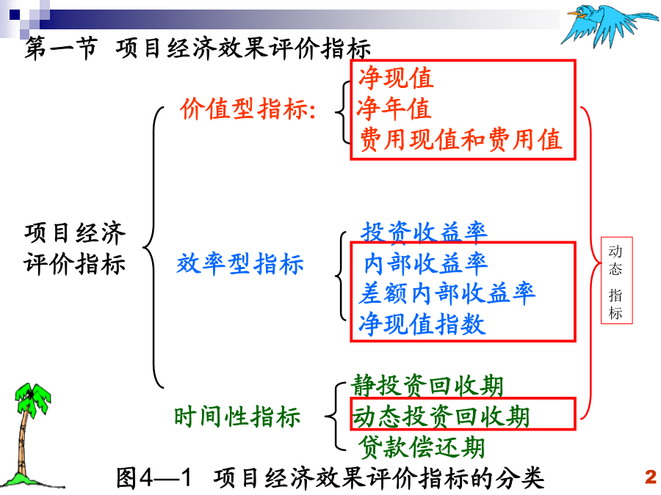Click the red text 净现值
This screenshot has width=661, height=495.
(x=395, y=78)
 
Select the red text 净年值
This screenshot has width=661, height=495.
(x=394, y=109)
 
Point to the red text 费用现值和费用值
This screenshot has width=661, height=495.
(x=460, y=140)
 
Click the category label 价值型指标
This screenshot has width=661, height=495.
(x=248, y=109)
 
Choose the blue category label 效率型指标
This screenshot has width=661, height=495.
(x=240, y=264)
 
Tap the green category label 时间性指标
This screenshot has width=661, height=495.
(x=237, y=417)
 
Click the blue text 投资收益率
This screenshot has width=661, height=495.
(x=424, y=232)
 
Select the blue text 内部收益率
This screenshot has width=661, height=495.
(x=426, y=263)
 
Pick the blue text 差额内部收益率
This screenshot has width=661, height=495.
(x=447, y=293)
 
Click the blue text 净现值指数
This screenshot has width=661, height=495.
(x=422, y=324)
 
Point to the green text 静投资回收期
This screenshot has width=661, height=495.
(x=427, y=386)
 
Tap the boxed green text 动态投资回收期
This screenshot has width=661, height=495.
(x=441, y=417)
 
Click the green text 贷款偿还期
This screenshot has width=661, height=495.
(x=422, y=447)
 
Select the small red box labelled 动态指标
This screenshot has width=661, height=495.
(x=616, y=280)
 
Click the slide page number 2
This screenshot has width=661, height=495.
(x=651, y=477)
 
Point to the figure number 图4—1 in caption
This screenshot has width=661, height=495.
(x=154, y=478)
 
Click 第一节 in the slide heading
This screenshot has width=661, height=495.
(x=61, y=48)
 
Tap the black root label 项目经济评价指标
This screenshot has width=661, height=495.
(x=75, y=249)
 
